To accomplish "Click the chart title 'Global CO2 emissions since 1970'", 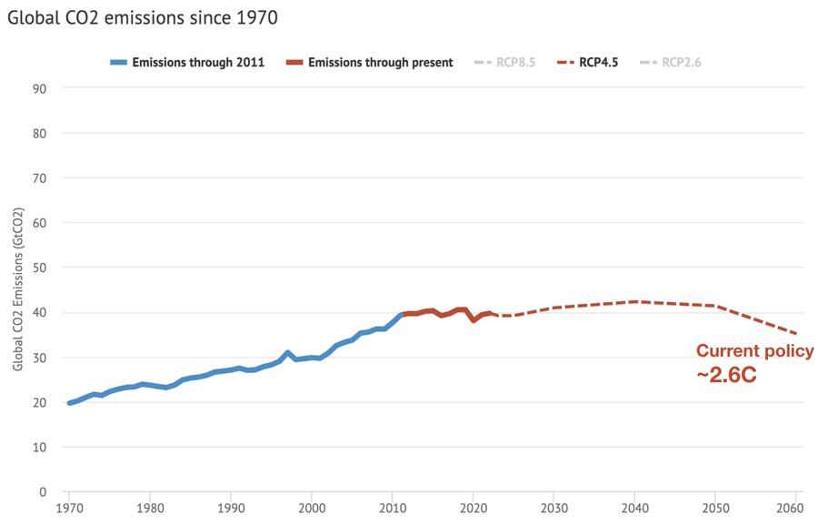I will click(143, 17).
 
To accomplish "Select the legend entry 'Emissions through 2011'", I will click(188, 63).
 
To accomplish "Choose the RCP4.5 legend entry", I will click(587, 63).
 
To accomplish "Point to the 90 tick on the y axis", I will click(40, 88).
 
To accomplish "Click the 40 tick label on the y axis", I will click(40, 312).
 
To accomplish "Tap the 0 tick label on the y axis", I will click(43, 491).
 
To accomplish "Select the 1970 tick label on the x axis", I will click(69, 508).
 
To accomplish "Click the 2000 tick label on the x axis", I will click(312, 508).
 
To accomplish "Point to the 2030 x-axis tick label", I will click(554, 508).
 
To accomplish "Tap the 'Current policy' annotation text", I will click(754, 351).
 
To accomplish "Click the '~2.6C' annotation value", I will click(726, 373).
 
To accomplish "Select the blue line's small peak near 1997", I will click(287, 352).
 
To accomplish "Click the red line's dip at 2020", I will click(474, 320).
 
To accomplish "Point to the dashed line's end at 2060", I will click(796, 333).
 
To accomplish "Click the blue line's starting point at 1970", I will click(69, 402).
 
